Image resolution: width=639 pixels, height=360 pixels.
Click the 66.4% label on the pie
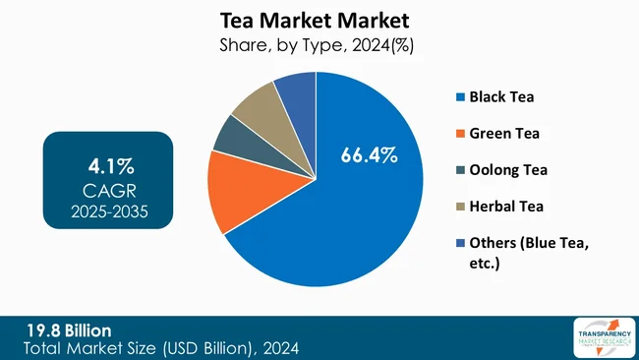point(369,154)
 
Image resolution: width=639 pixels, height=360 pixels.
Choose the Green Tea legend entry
point(502,133)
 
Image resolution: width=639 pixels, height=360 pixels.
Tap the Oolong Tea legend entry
point(506,169)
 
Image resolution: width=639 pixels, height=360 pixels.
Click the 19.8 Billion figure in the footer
point(69,330)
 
